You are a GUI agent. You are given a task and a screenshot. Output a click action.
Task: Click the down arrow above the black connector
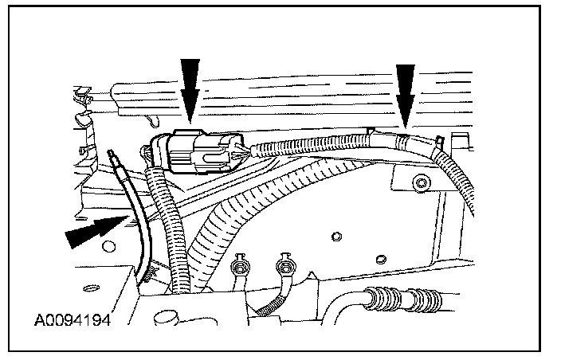coord(190,88)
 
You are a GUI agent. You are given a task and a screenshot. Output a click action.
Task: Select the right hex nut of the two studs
coord(281,264)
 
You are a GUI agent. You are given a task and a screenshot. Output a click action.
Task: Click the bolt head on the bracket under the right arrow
coord(419,185)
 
